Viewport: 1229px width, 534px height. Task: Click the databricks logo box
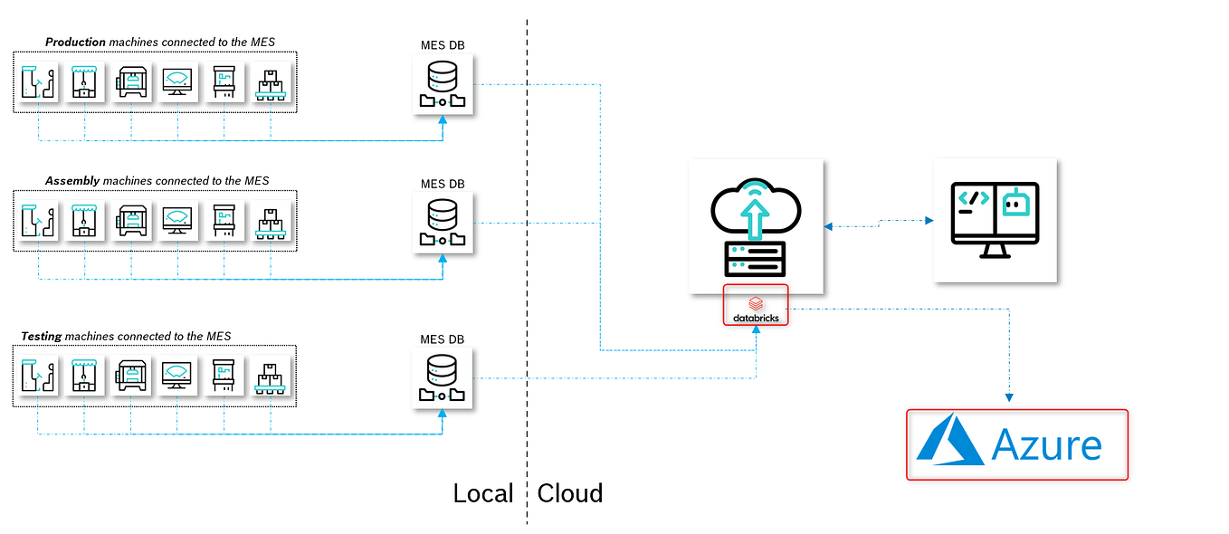[756, 305]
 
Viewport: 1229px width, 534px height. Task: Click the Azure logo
[1017, 444]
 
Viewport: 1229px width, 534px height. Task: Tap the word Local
[483, 493]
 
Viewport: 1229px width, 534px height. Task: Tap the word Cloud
[570, 493]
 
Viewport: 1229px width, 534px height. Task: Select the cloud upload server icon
[756, 226]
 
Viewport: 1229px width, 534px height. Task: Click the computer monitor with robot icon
[995, 220]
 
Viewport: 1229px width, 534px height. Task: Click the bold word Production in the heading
[73, 42]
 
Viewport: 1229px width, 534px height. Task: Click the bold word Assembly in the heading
[71, 181]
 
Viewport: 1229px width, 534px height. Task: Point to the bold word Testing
[42, 336]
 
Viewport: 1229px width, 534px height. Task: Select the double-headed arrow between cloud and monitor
[878, 220]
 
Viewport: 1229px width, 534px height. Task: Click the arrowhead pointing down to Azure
[1010, 396]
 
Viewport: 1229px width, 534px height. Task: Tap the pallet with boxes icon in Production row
[270, 81]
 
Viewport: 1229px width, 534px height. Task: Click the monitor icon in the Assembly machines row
[177, 220]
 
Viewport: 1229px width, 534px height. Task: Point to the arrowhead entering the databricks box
[757, 330]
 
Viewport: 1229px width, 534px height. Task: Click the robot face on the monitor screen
[1017, 203]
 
